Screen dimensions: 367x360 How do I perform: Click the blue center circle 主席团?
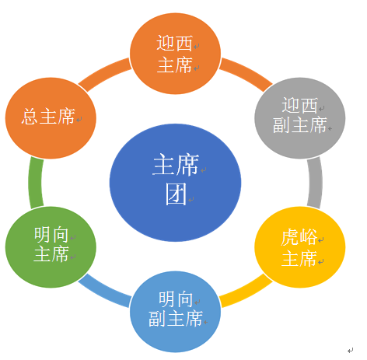point(175,183)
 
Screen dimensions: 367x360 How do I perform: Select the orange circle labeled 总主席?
point(51,118)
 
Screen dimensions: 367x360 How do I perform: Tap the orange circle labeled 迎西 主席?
point(175,54)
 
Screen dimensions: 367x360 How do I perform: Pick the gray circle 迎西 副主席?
point(300,118)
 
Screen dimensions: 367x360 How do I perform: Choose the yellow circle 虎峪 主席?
point(300,247)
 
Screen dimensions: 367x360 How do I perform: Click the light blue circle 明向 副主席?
point(175,312)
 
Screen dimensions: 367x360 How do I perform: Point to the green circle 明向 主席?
point(51,247)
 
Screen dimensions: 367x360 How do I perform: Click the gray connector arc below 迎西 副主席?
point(316,183)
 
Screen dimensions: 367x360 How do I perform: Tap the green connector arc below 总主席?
point(35,183)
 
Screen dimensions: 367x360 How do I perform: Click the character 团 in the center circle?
point(177,194)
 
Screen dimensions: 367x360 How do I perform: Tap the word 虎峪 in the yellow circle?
point(299,237)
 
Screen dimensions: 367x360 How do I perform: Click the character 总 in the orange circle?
point(30,117)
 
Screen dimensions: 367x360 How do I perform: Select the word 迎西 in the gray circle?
point(300,106)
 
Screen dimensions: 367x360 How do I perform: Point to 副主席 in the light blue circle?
point(175,319)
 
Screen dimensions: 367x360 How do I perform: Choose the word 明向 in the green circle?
point(51,235)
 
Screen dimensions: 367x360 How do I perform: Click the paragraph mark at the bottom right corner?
point(351,351)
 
